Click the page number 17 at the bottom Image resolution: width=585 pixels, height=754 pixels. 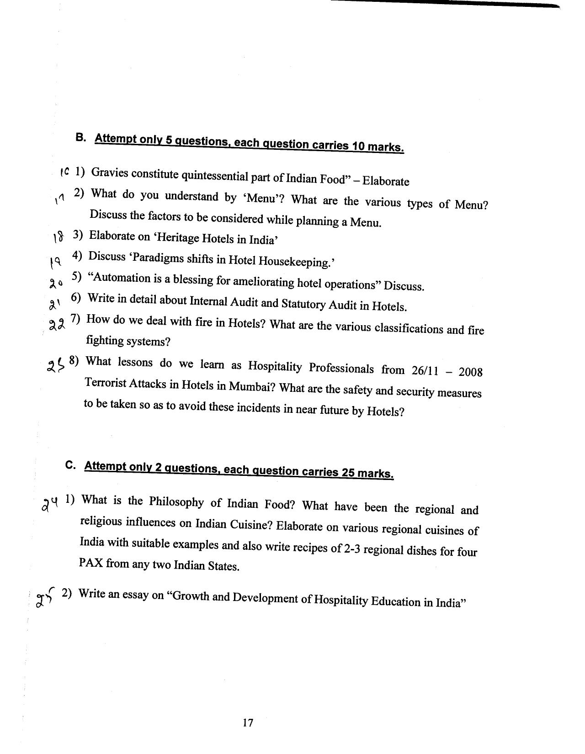(x=248, y=722)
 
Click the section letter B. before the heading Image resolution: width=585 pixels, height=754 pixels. (x=80, y=137)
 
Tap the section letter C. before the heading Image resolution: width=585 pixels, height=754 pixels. (x=70, y=465)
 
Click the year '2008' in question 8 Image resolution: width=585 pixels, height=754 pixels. (x=470, y=372)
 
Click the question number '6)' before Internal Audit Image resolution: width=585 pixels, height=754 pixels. (x=76, y=298)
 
